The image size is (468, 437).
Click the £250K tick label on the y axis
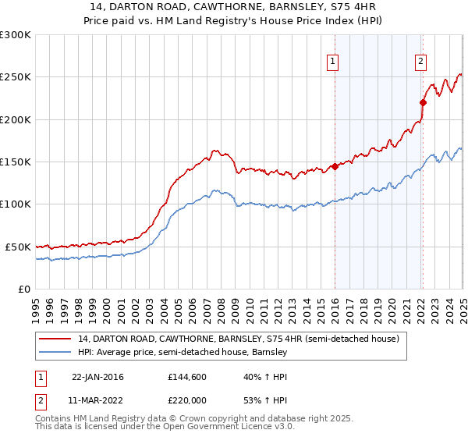point(16,77)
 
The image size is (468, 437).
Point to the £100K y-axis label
point(16,204)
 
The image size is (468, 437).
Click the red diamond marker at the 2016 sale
point(335,166)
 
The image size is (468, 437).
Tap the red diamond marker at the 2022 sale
point(423,102)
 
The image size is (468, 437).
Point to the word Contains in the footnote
point(55,420)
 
